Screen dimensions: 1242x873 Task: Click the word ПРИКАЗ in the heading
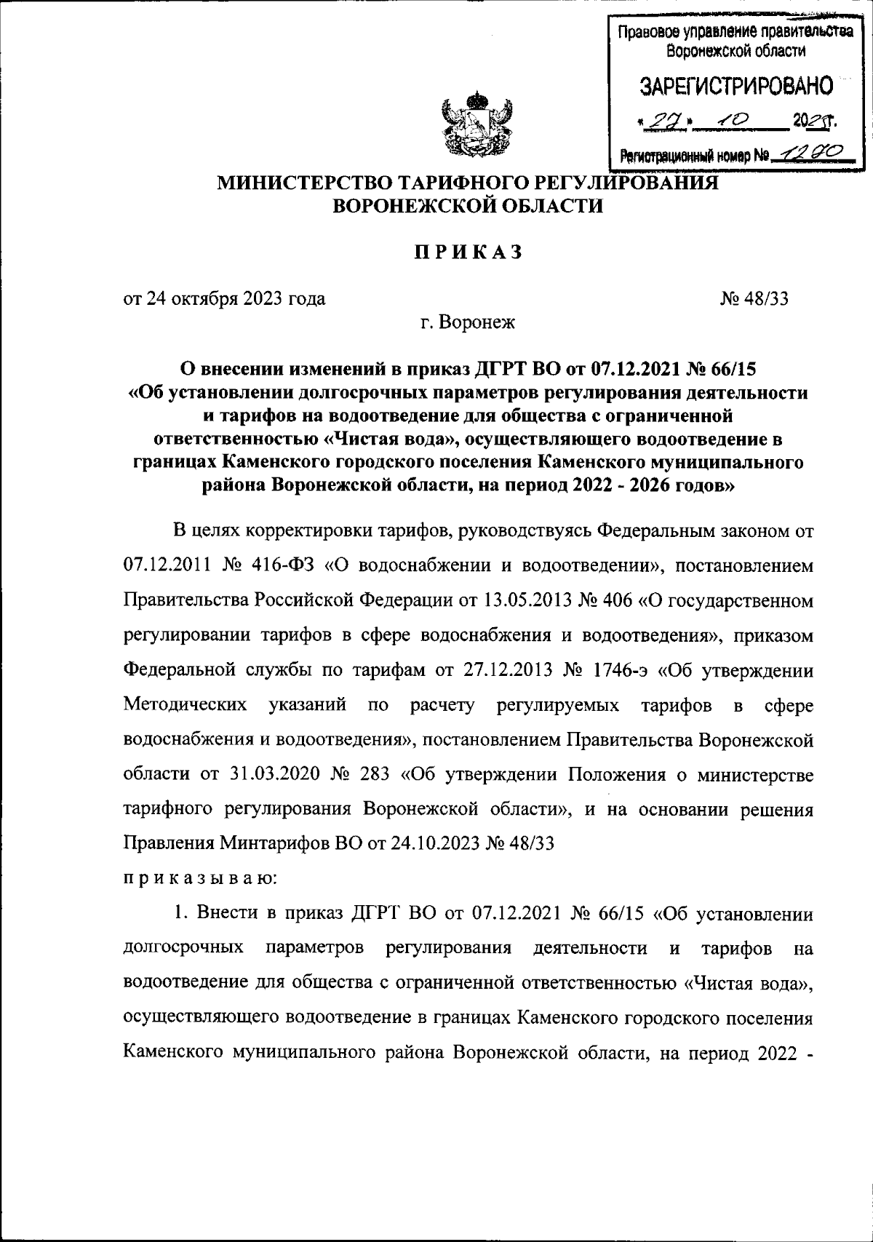(x=469, y=252)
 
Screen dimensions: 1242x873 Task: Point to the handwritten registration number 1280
(x=816, y=151)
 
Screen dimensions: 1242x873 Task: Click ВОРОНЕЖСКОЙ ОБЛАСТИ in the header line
(x=468, y=206)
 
